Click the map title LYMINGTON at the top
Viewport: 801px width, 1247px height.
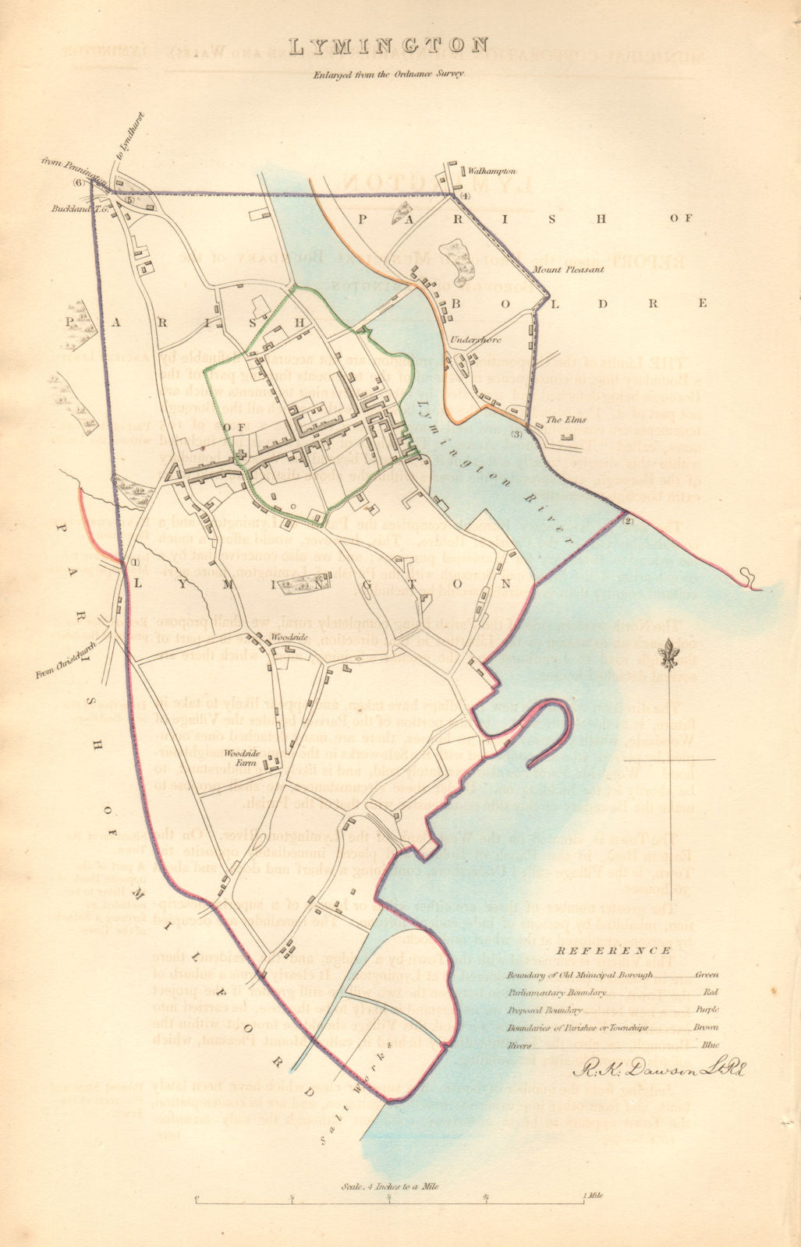[x=389, y=48]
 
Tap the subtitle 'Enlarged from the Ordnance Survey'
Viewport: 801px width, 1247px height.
[x=389, y=75]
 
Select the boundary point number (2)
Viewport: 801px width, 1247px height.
[x=629, y=521]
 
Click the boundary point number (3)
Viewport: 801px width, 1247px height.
[x=516, y=433]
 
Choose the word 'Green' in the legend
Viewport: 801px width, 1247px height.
[x=707, y=974]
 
